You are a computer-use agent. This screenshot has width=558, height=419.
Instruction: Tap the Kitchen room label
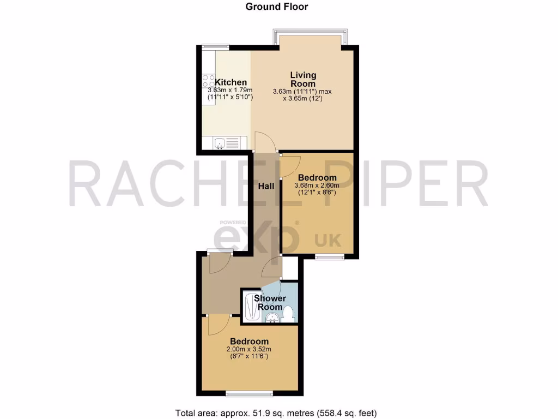231,82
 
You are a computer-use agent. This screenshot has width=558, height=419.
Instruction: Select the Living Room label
303,79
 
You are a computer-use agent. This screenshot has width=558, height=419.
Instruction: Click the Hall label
266,187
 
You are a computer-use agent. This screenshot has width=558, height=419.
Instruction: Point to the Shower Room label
270,303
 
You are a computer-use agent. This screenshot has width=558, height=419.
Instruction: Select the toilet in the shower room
289,313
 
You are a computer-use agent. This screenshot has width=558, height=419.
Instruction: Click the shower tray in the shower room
250,307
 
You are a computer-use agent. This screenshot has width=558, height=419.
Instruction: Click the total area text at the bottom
276,413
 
